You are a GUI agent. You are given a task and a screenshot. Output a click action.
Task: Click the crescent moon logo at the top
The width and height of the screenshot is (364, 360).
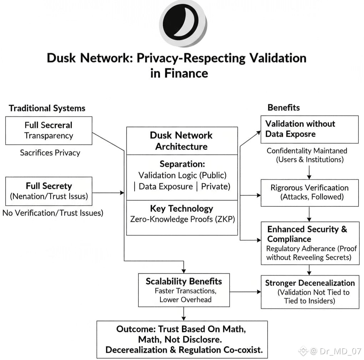click(183, 24)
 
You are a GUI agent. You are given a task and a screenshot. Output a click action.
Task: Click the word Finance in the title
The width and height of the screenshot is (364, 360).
click(186, 74)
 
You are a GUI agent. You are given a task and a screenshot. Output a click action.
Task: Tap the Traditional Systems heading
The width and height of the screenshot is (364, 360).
click(47, 108)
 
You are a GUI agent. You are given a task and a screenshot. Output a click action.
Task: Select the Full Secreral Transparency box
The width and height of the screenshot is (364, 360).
click(49, 130)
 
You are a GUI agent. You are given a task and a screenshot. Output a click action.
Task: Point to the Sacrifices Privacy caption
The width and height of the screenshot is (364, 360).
click(50, 153)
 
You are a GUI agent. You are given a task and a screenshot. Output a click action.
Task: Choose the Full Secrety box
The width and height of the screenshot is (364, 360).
click(49, 191)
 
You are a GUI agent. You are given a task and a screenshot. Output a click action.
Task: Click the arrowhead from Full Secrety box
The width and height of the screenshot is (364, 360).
click(122, 192)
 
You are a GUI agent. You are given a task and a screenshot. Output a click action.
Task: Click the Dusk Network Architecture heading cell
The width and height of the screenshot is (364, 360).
click(182, 141)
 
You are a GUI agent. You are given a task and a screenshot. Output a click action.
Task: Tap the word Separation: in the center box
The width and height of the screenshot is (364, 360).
click(182, 164)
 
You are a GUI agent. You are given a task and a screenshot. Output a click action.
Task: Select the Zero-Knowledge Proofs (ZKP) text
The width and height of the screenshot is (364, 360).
click(182, 219)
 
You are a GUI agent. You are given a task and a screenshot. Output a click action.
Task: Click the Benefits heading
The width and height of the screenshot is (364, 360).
click(284, 107)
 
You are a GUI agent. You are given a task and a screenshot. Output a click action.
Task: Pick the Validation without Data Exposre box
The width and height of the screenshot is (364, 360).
click(310, 129)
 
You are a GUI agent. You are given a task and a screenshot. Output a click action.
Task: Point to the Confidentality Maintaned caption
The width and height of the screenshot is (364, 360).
click(307, 151)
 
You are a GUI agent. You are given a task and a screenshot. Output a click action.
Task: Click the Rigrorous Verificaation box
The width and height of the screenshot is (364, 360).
click(310, 193)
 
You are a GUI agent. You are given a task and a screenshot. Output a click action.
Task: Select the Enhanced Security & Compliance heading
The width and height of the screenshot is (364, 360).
click(307, 234)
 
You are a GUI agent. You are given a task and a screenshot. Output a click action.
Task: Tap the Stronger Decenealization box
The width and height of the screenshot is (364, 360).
click(310, 292)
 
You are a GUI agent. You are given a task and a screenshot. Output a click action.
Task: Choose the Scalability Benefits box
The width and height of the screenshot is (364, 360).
click(184, 290)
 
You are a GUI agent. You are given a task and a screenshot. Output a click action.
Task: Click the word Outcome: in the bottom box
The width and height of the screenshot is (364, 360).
click(136, 329)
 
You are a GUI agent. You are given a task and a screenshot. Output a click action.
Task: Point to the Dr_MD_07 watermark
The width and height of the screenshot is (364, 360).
click(330, 351)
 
